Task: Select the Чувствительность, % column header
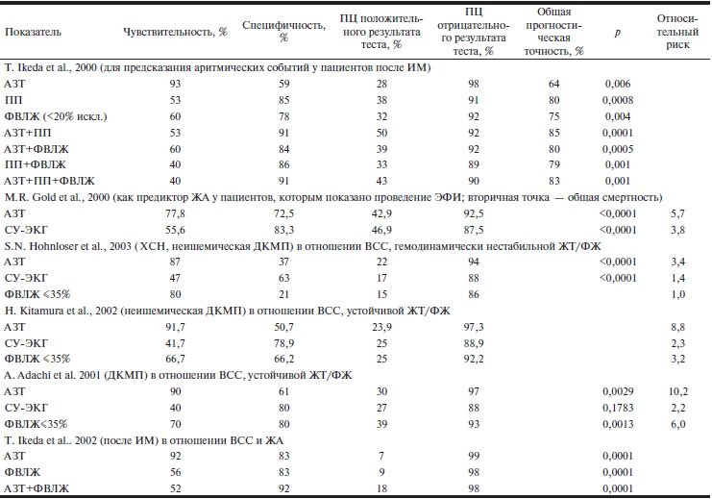(175, 31)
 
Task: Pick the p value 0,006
(618, 84)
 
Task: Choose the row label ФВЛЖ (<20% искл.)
(54, 115)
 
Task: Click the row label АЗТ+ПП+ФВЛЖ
(50, 179)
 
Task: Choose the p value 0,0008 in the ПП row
(618, 100)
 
